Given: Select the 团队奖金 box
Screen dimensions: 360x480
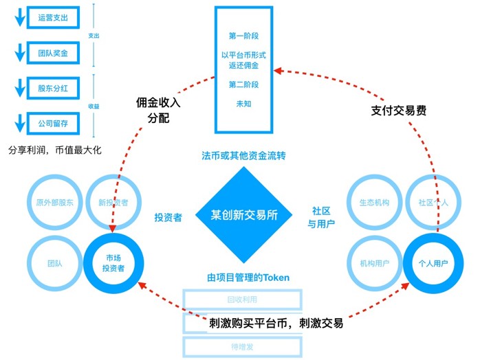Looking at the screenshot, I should [x=53, y=52].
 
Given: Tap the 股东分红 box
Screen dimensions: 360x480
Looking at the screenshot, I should [x=53, y=88].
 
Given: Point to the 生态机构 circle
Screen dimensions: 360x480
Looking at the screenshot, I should [x=375, y=203].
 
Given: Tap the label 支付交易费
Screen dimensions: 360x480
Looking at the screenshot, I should [x=399, y=109].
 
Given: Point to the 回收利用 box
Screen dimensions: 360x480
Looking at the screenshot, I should [x=242, y=300].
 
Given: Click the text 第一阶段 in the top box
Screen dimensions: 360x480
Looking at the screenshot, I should [x=243, y=34].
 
